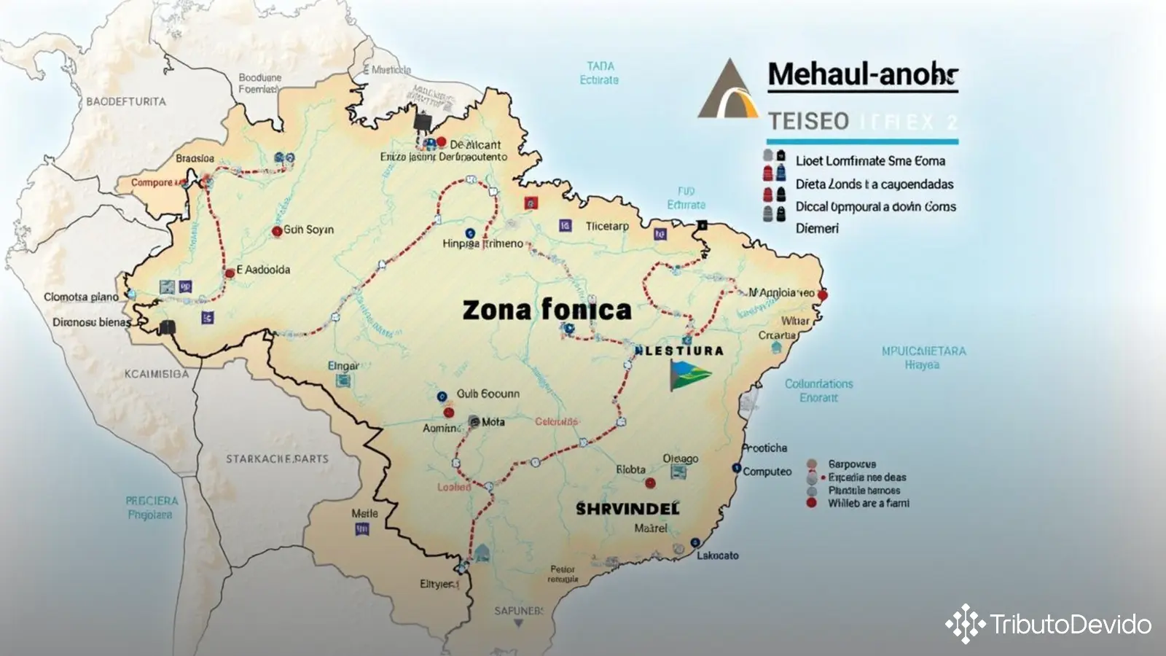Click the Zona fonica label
(547, 310)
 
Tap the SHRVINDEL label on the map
(627, 509)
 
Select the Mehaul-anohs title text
(863, 74)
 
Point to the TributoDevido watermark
(1049, 624)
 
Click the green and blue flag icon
(689, 375)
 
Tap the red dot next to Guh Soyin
(277, 231)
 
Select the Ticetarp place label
(607, 227)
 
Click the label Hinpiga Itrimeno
(482, 243)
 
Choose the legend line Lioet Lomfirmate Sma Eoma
(870, 161)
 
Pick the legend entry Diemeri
(817, 229)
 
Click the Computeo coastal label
(767, 472)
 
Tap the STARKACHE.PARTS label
(277, 459)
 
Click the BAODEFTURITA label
(126, 101)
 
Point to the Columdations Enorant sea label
(818, 390)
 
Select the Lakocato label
(717, 555)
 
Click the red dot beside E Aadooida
(230, 273)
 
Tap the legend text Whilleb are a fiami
(868, 503)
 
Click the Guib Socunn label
(488, 394)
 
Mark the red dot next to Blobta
(650, 483)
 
